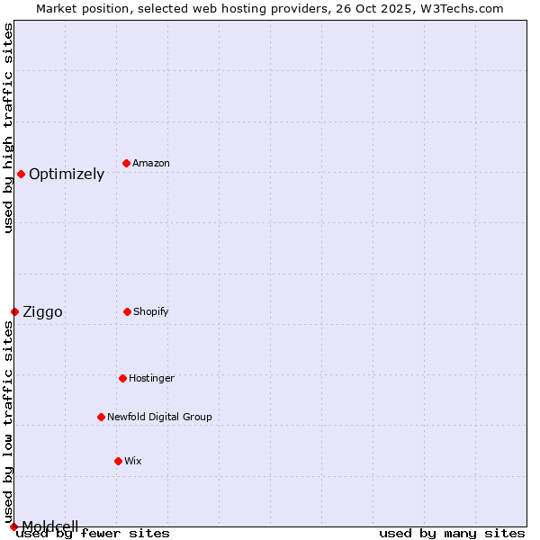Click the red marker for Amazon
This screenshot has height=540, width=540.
pyautogui.click(x=126, y=163)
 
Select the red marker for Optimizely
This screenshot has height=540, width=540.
pyautogui.click(x=21, y=174)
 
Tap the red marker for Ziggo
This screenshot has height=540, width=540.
pyautogui.click(x=14, y=311)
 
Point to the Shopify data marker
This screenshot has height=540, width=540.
pyautogui.click(x=127, y=311)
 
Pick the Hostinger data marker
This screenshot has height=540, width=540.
pyautogui.click(x=122, y=378)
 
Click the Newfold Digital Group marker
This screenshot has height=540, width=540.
pyautogui.click(x=101, y=417)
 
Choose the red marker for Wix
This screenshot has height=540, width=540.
pyautogui.click(x=118, y=461)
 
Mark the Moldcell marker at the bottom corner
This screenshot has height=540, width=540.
pyautogui.click(x=13, y=526)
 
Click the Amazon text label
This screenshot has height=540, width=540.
pyautogui.click(x=151, y=163)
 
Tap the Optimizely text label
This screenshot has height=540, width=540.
pyautogui.click(x=67, y=175)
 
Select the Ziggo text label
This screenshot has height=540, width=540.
pyautogui.click(x=42, y=312)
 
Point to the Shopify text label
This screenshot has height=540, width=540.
pyautogui.click(x=151, y=311)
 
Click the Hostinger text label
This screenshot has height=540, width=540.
pyautogui.click(x=151, y=378)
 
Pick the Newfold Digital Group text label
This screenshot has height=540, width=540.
pyautogui.click(x=159, y=417)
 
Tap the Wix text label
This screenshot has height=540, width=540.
pyautogui.click(x=133, y=461)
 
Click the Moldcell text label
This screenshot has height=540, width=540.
pyautogui.click(x=50, y=526)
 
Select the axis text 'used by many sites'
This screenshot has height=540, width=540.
pyautogui.click(x=452, y=534)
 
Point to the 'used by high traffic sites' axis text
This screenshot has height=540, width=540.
pyautogui.click(x=8, y=128)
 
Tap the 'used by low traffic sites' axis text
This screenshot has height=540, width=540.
pyautogui.click(x=8, y=421)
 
